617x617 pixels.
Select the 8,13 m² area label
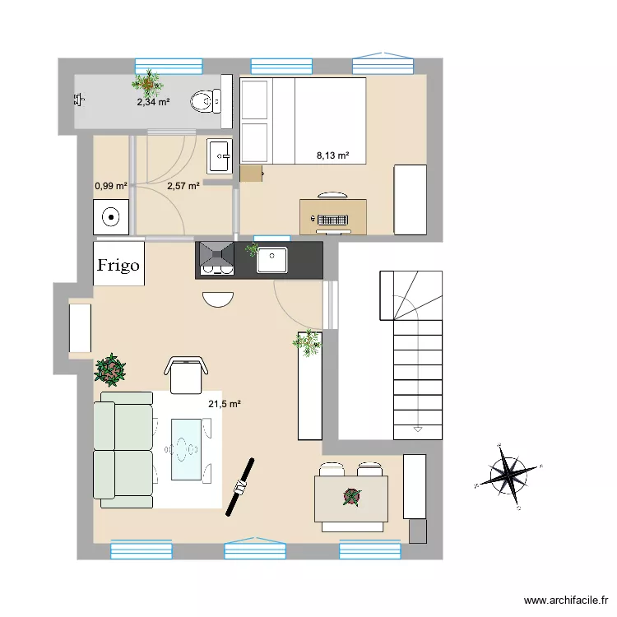[x=333, y=155]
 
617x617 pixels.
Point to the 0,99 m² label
[x=110, y=187]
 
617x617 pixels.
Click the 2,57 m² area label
[x=183, y=187]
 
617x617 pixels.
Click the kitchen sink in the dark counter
[x=271, y=259]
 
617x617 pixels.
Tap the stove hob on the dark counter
[x=216, y=258]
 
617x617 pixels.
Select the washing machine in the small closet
[x=110, y=217]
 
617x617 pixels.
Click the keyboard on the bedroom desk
[x=332, y=220]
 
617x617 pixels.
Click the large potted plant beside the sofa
[x=110, y=369]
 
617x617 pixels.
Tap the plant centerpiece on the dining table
[x=352, y=496]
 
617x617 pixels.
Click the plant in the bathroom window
[x=148, y=81]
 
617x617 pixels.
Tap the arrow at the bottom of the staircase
[x=417, y=429]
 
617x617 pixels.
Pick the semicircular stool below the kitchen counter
[x=218, y=299]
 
